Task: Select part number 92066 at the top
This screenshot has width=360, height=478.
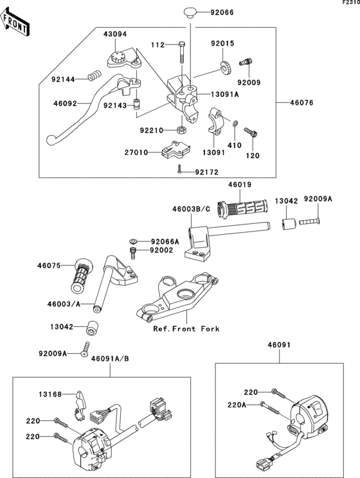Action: pos(212,12)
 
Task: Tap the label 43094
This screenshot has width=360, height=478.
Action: pos(115,34)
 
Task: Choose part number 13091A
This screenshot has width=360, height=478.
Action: pos(224,94)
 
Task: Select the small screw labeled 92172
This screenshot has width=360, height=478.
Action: pos(181,170)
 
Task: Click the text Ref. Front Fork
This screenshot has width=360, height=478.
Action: pos(186,329)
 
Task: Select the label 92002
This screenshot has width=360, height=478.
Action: pos(161,250)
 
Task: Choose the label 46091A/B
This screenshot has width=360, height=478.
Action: pos(110,358)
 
